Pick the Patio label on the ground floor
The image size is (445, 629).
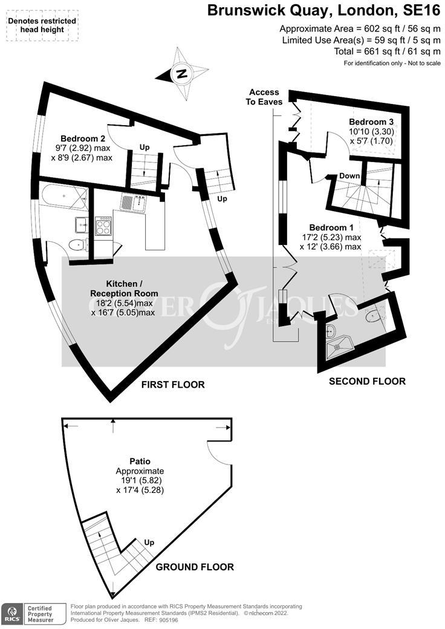click(x=140, y=461)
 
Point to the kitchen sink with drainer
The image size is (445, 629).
click(x=134, y=203)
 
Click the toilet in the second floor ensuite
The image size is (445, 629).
click(x=373, y=315)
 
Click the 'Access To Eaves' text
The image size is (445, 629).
click(x=264, y=97)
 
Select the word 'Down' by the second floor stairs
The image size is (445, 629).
click(x=349, y=176)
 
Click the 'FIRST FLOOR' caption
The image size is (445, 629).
click(x=172, y=385)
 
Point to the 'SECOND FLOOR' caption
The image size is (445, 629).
click(x=367, y=381)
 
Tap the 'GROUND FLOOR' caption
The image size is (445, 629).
click(x=195, y=567)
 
